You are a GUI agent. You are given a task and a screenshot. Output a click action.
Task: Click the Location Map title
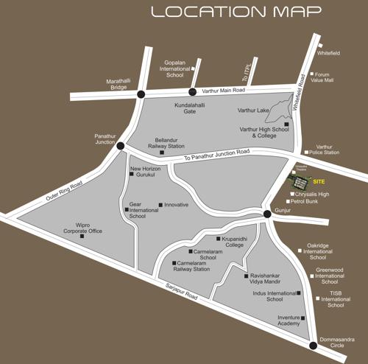[x=236, y=12]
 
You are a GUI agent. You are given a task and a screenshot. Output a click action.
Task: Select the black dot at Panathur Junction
[x=120, y=146]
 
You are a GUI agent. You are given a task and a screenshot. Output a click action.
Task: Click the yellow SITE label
[x=319, y=181]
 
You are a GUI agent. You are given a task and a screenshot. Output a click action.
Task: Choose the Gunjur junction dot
[x=267, y=214]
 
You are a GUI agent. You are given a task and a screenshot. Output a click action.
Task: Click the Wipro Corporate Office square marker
[x=82, y=237]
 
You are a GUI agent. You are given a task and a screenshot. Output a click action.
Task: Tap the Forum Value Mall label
[x=325, y=77]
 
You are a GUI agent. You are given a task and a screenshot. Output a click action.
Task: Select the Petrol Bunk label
[x=305, y=200]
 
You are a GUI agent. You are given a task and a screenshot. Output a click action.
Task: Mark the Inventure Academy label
[x=289, y=321]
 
